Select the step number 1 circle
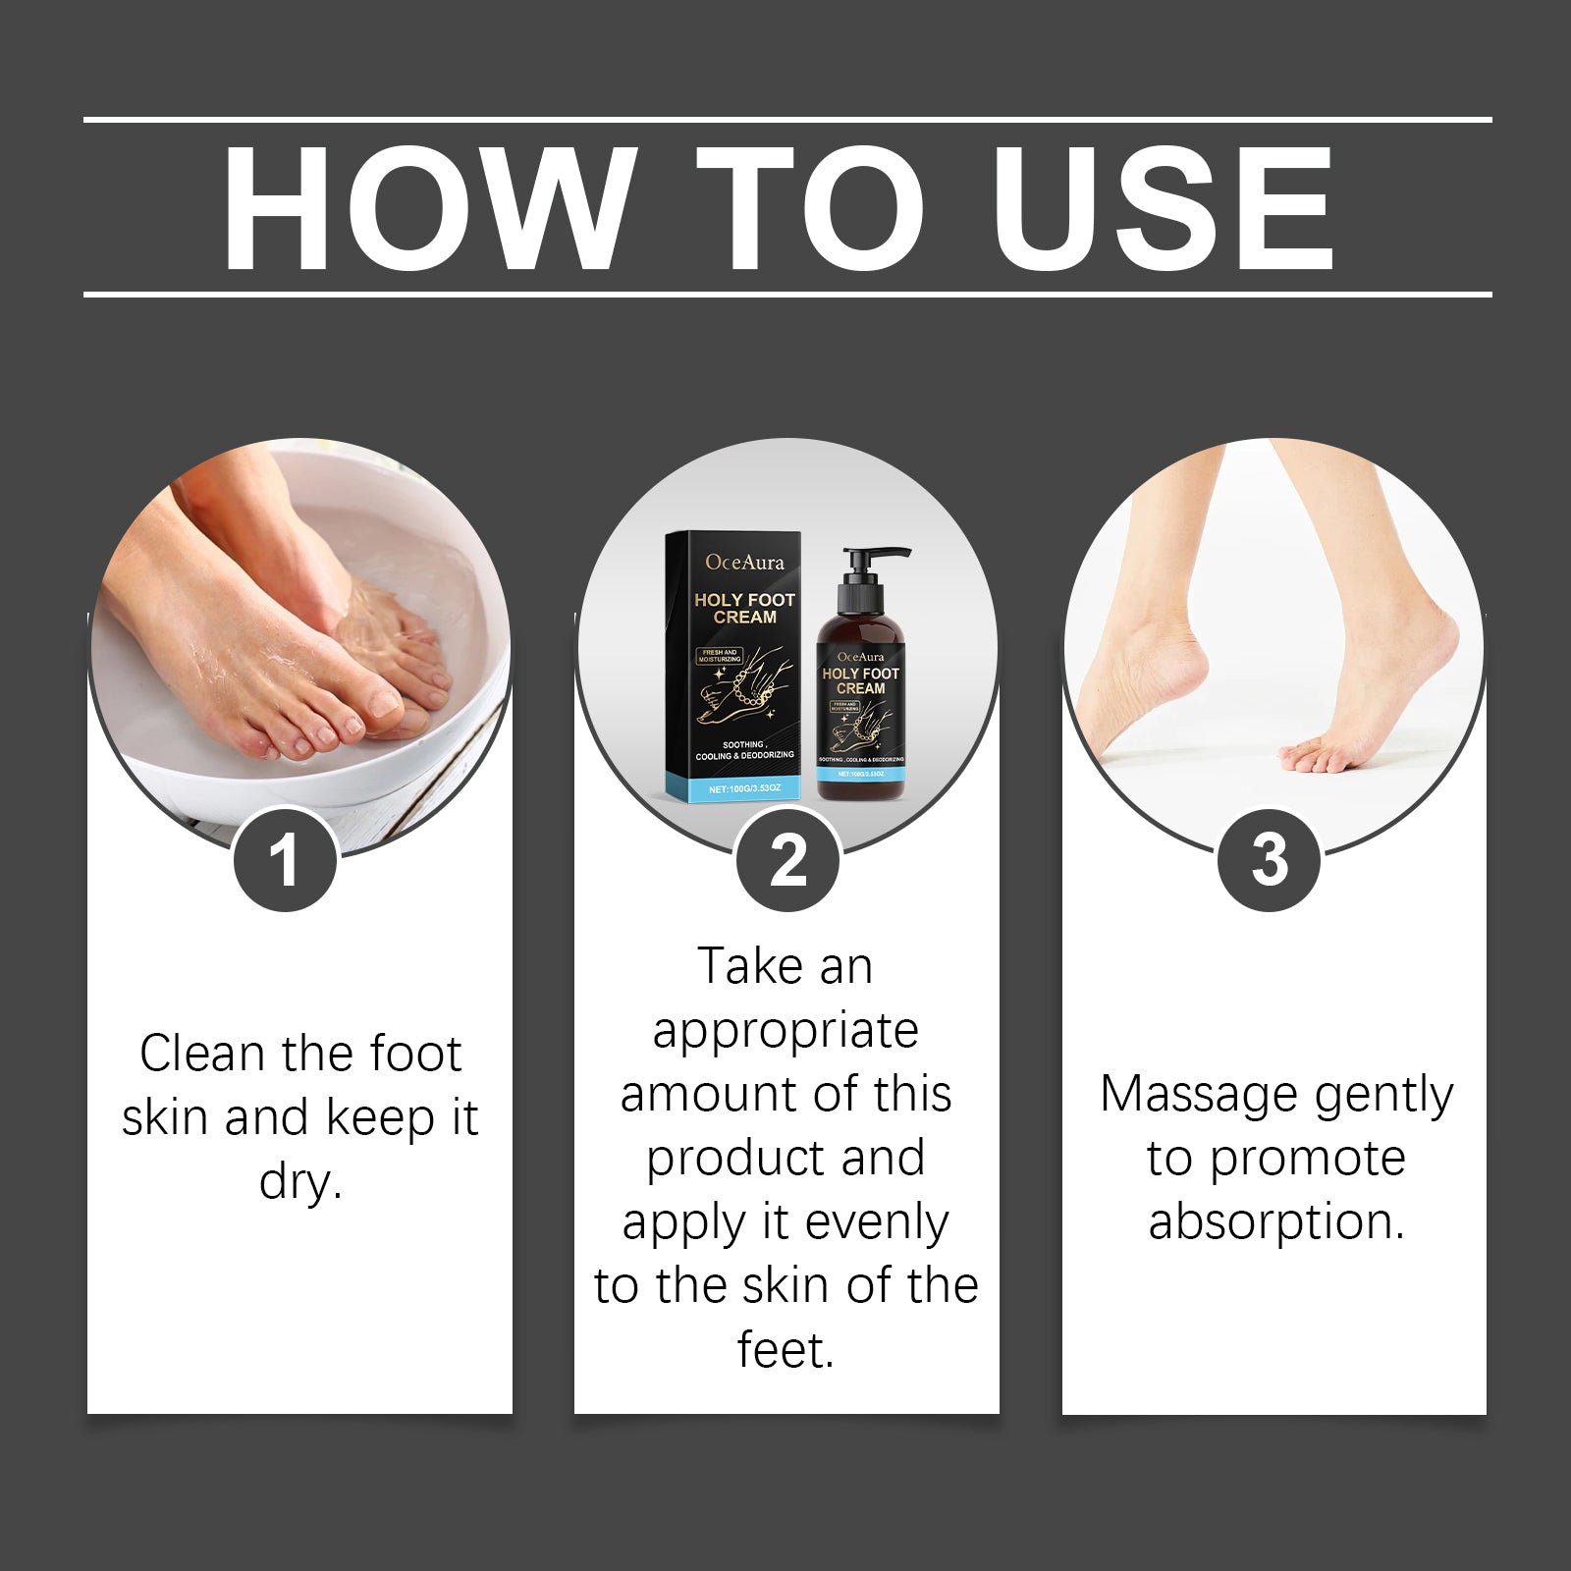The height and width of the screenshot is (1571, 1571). point(285,860)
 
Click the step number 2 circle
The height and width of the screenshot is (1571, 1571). point(787,860)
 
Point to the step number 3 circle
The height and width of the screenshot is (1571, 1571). point(1269,860)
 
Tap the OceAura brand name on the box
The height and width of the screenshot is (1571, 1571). point(744,563)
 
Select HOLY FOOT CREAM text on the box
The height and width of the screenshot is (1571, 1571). point(744,608)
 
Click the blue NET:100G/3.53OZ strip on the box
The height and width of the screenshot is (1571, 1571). point(743,787)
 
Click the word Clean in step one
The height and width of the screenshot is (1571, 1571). point(202,1054)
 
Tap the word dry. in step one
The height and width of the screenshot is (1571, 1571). point(300,1181)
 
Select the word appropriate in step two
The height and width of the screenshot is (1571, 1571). point(785,1031)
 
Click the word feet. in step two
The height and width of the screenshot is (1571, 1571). point(785,1349)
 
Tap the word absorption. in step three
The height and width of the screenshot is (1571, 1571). point(1276,1221)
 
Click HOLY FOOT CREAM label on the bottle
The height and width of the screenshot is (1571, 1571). point(860,680)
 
